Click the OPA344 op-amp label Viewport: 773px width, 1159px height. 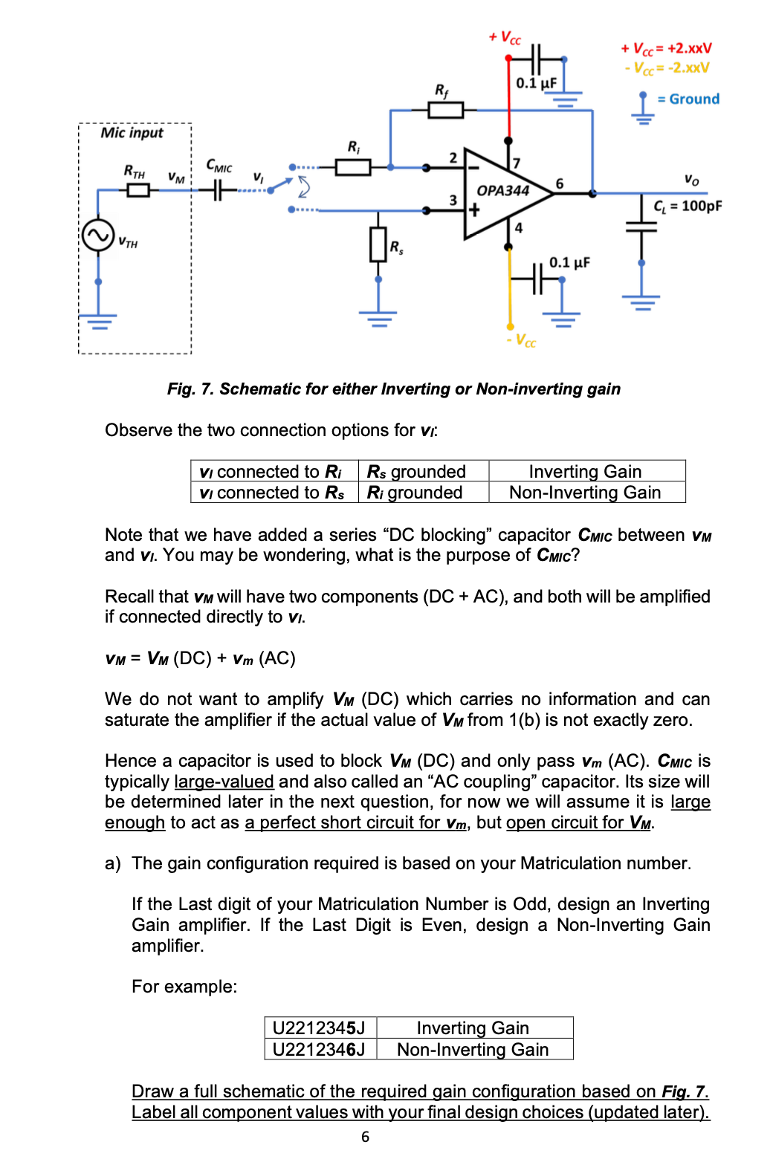[502, 190]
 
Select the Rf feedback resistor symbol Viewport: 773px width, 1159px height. [446, 111]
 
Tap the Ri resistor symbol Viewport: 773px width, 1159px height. [353, 167]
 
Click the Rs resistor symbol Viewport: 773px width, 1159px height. [378, 244]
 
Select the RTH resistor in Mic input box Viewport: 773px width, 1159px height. [138, 190]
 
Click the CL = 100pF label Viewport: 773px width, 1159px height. [687, 206]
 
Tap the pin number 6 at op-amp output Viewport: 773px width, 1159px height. [560, 183]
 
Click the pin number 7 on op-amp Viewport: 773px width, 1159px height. [517, 163]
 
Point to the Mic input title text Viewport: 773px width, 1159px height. [132, 133]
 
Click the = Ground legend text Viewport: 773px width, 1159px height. [688, 99]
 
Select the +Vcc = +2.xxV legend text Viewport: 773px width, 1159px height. [666, 48]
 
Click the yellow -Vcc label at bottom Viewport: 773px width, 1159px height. [521, 340]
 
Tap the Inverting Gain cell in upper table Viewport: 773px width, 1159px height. [585, 471]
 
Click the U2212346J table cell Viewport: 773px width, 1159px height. [319, 1049]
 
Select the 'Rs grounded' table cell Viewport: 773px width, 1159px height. [417, 471]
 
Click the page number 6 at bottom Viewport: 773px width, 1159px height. [365, 1137]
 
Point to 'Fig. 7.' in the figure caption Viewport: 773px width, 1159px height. [190, 389]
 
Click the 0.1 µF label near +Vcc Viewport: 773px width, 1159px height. [536, 82]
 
